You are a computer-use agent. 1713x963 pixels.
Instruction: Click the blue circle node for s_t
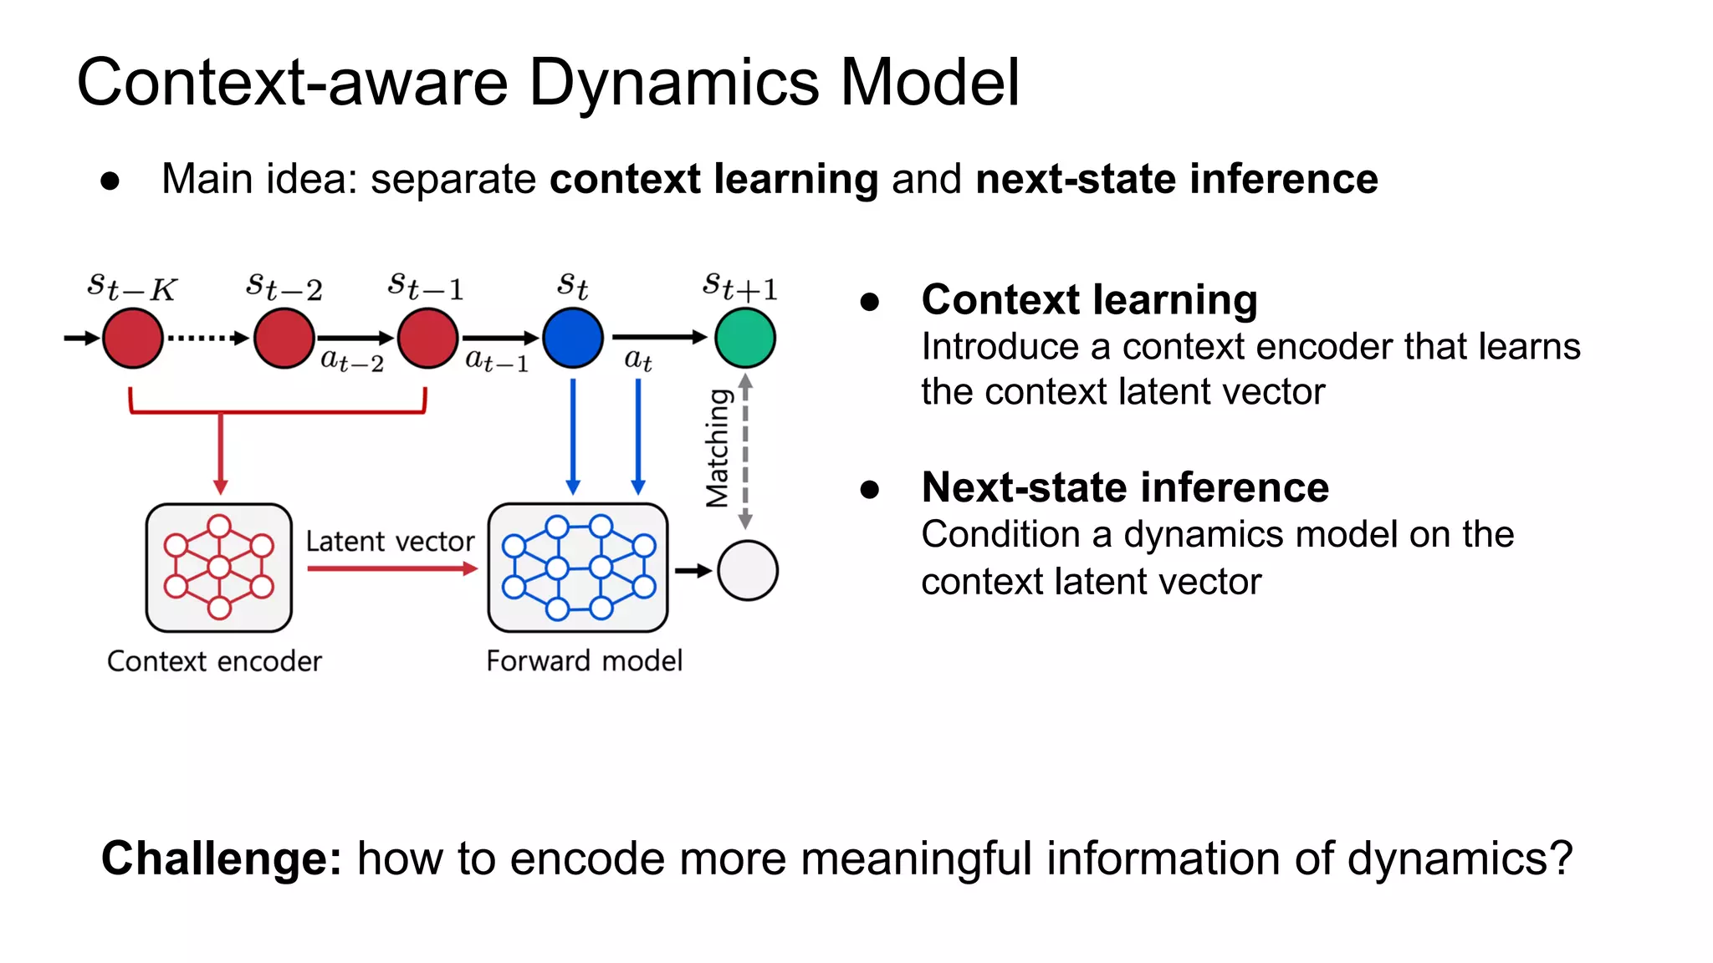click(x=573, y=338)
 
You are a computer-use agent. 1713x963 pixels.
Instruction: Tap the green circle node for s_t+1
click(x=744, y=338)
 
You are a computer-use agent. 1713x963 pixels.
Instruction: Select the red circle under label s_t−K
click(x=133, y=338)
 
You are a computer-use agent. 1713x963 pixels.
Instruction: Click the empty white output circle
click(x=747, y=570)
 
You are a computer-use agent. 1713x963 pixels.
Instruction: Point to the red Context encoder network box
click(x=219, y=568)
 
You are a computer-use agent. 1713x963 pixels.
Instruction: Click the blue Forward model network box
click(x=578, y=568)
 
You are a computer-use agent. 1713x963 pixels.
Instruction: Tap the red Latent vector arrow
click(x=391, y=568)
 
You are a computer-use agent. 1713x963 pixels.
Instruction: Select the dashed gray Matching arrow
click(x=745, y=451)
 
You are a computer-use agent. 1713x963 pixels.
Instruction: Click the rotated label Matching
click(x=718, y=448)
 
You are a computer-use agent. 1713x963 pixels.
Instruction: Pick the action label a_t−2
click(x=352, y=360)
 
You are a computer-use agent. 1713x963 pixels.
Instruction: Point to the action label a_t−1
click(x=497, y=360)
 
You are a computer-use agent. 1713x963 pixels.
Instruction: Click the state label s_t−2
click(x=284, y=287)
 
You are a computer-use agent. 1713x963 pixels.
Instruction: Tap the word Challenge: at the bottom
click(x=222, y=859)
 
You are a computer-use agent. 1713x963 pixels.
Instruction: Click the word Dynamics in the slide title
click(x=674, y=83)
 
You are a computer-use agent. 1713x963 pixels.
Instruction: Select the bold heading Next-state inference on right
click(x=1125, y=487)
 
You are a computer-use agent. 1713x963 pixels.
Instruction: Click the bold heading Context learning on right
click(x=1089, y=300)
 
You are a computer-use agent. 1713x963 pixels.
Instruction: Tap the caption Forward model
click(x=584, y=660)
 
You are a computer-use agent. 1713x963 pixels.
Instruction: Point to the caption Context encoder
click(x=214, y=661)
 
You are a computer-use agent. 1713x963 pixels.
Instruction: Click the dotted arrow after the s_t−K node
click(x=207, y=338)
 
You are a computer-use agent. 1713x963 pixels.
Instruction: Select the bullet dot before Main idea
click(x=110, y=181)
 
